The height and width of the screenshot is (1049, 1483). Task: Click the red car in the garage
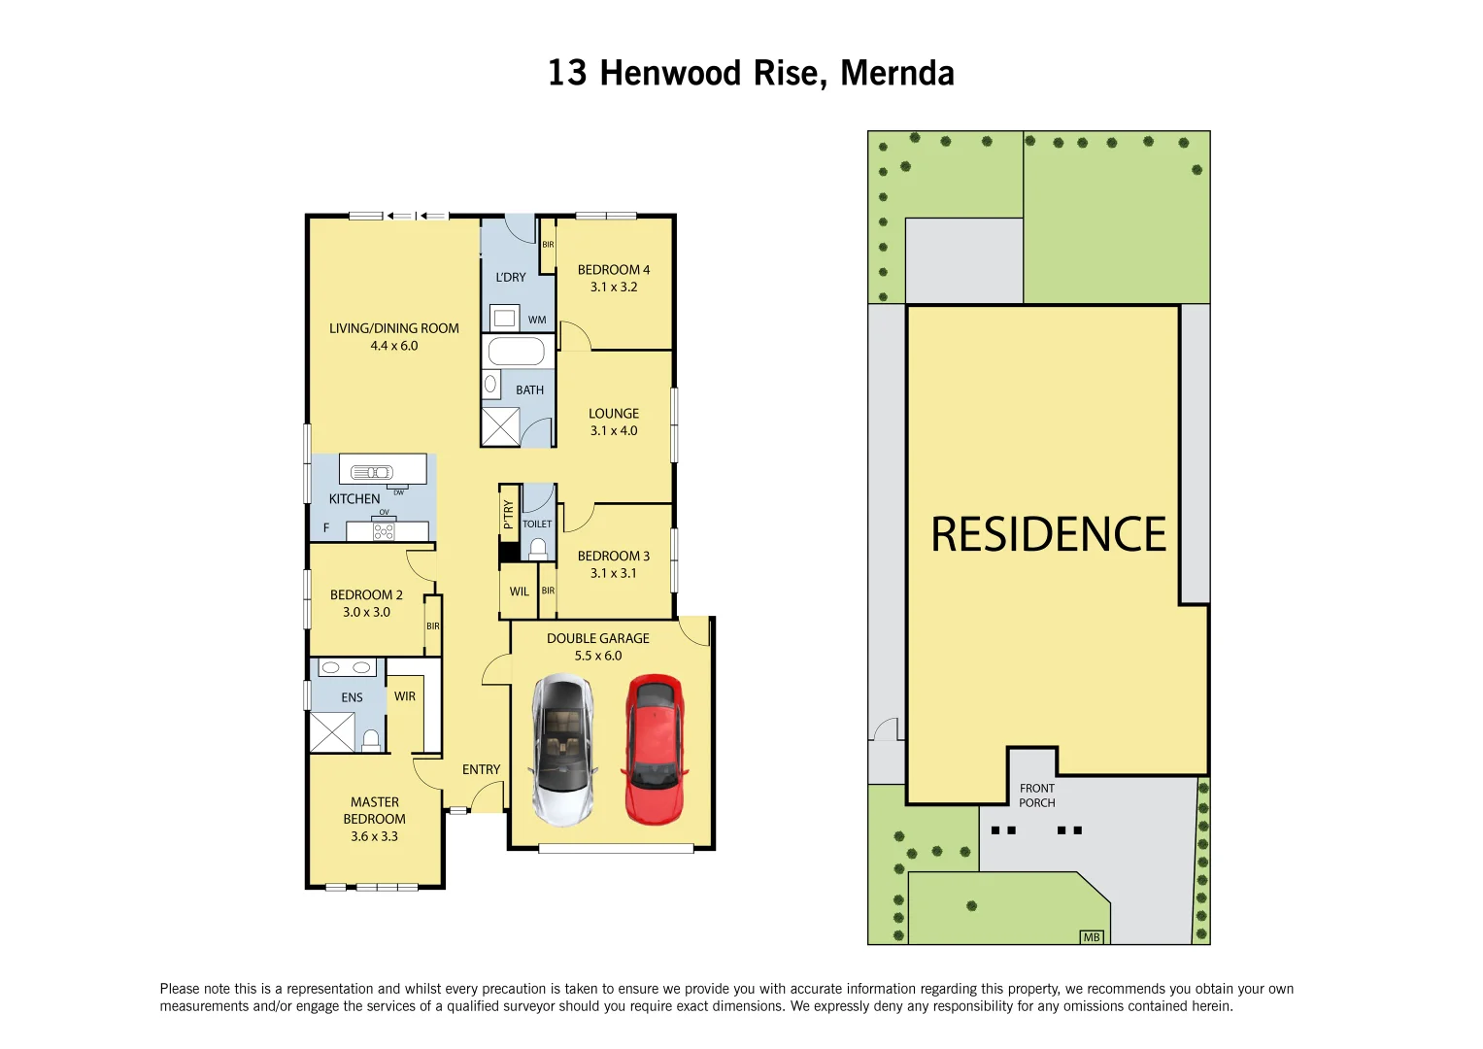coord(654,748)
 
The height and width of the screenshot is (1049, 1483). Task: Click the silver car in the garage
coord(563,750)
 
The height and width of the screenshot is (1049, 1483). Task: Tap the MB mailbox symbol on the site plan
coord(1092,937)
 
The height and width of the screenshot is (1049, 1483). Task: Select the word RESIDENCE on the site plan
coord(1048,535)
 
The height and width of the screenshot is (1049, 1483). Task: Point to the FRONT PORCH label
coord(1036,795)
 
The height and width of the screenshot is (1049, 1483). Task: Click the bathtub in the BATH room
coord(516,351)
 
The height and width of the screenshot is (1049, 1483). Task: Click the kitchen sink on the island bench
coord(371,472)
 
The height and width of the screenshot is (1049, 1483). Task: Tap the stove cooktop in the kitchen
coord(384,531)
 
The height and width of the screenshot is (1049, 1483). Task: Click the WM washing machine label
coord(537,320)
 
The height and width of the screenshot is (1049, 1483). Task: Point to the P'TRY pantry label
coord(508,514)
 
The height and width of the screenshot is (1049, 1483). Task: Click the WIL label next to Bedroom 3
coord(520,592)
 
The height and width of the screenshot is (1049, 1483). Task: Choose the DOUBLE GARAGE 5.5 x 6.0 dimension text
coord(597,656)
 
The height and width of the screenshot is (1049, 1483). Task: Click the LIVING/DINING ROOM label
coord(393,328)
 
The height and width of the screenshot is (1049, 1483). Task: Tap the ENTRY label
coord(481,769)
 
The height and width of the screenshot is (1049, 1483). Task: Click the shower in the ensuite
coord(332,732)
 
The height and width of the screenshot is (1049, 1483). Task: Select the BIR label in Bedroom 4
coord(548,245)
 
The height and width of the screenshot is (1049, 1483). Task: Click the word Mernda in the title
coord(896,73)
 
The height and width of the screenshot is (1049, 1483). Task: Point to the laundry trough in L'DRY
coord(504,318)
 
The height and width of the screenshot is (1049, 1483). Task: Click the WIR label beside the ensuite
coord(405,696)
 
